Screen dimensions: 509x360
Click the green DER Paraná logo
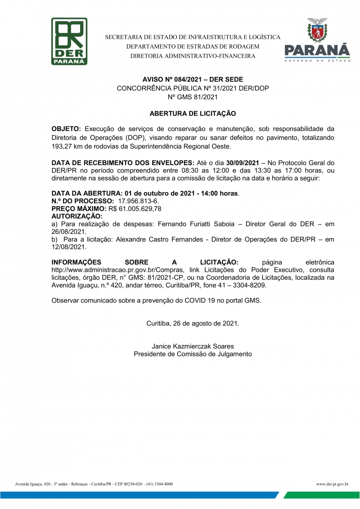pos(69,41)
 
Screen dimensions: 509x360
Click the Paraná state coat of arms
pos(317,31)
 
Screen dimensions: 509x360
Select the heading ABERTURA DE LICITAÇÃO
pos(193,114)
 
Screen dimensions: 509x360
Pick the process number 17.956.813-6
pos(138,201)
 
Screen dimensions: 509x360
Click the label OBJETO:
pos(66,130)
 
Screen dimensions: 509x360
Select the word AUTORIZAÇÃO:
pos(77,216)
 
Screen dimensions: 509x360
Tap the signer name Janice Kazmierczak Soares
pos(193,346)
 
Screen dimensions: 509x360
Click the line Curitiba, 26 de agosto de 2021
pos(193,323)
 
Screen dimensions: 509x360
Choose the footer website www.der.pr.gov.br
pos(332,484)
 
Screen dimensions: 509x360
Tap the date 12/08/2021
pos(68,247)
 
